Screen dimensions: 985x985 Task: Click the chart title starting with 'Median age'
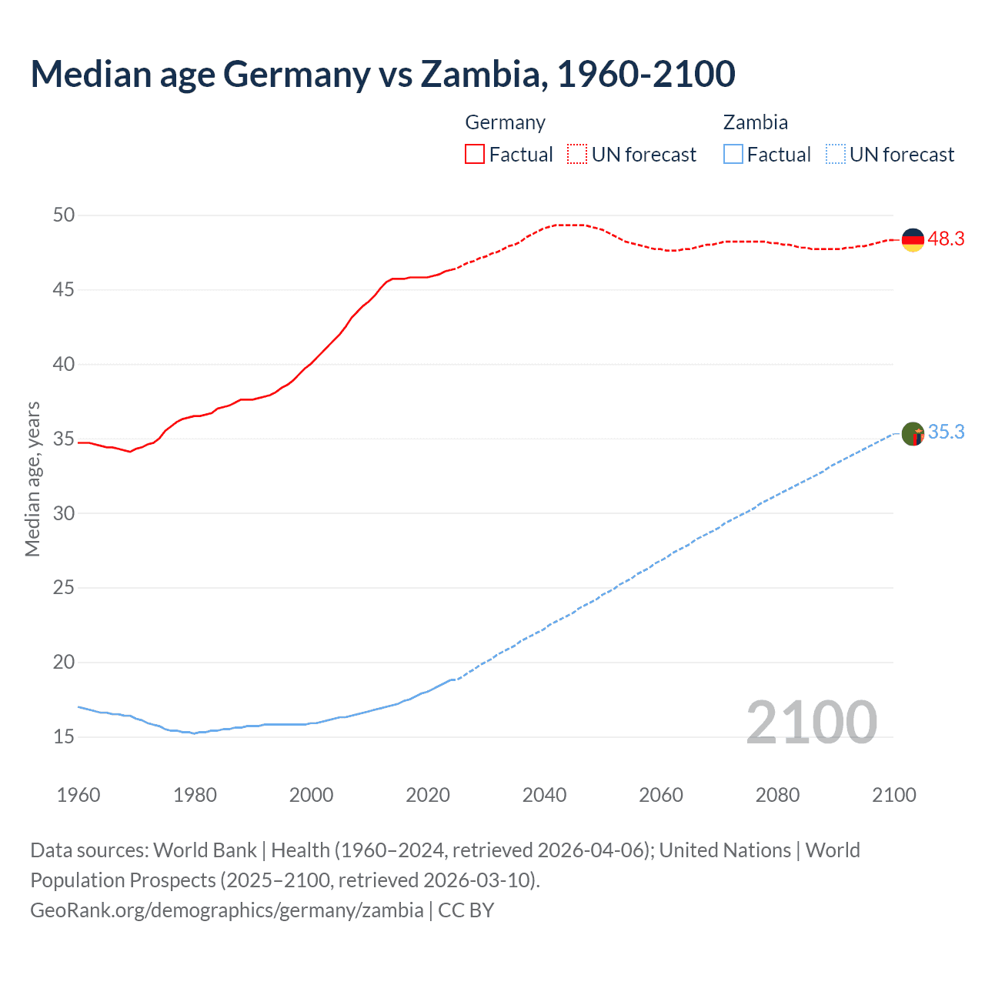[x=382, y=74]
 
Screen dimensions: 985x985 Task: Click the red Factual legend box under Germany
[x=475, y=154]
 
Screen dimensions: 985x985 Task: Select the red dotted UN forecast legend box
[x=577, y=154]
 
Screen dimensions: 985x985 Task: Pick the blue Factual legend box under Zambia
[x=733, y=154]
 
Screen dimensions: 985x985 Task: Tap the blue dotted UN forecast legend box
[x=835, y=154]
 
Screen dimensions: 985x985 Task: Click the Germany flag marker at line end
[x=912, y=240]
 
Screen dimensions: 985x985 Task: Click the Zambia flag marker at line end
[x=912, y=434]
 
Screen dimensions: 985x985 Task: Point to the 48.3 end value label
[x=946, y=239]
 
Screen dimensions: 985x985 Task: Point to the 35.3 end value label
[x=946, y=432]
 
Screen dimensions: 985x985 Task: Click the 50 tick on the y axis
[x=64, y=215]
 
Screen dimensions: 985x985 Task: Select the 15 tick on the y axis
[x=64, y=737]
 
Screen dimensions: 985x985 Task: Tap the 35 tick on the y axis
[x=64, y=439]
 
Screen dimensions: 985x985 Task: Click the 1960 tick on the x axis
[x=78, y=795]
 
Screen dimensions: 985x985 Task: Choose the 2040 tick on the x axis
[x=544, y=795]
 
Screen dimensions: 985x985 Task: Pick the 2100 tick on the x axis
[x=893, y=795]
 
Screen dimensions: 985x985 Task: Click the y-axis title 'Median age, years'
[x=32, y=479]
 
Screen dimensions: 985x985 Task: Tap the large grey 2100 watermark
[x=811, y=722]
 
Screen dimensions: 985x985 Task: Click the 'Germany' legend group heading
[x=505, y=122]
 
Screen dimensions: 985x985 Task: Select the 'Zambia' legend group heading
[x=755, y=122]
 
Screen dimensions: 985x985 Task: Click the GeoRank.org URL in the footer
[x=226, y=910]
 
